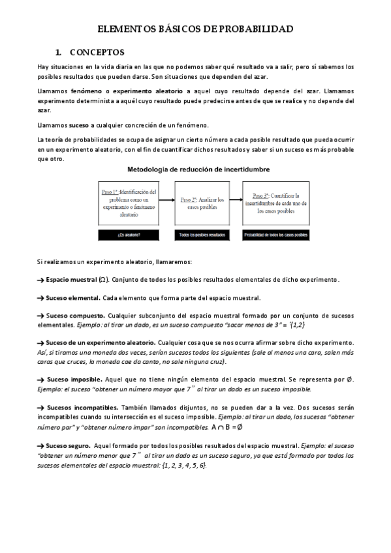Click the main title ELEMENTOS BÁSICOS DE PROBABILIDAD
point(195,29)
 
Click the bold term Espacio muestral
point(70,279)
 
